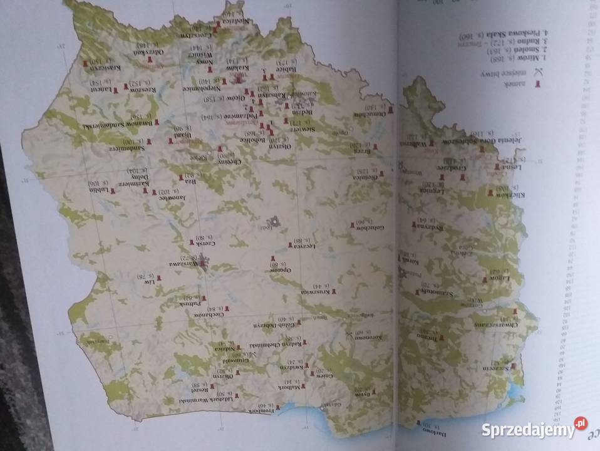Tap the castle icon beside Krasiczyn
point(85,63)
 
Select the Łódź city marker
point(274,221)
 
